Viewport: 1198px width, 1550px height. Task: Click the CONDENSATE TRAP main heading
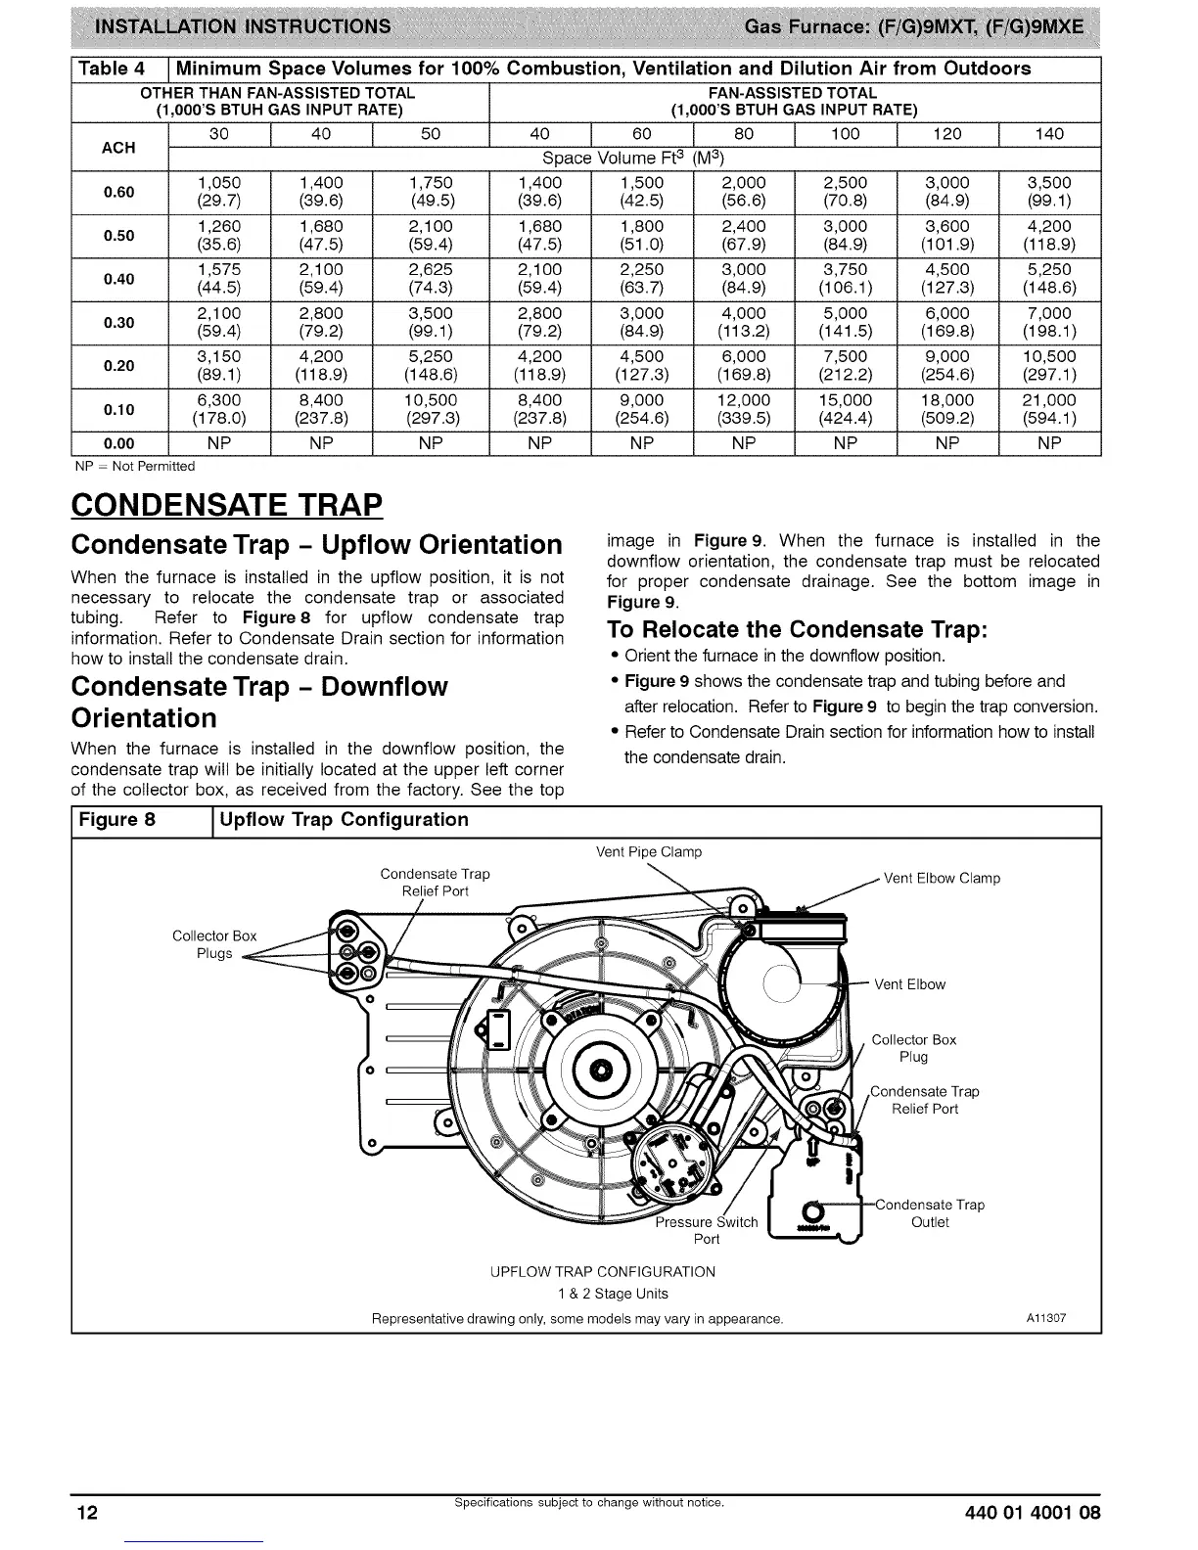pos(226,506)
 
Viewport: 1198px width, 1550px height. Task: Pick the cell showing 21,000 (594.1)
pos(1049,409)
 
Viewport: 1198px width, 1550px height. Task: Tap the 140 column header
pos(1049,134)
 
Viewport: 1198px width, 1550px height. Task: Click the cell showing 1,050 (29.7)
pos(218,192)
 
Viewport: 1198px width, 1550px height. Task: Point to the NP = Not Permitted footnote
pos(135,466)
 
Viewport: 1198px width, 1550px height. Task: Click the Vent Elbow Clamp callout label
pos(942,878)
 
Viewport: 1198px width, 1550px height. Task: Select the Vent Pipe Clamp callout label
pos(649,851)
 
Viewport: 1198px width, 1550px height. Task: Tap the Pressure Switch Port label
pos(706,1230)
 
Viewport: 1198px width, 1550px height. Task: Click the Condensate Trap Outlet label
pos(929,1213)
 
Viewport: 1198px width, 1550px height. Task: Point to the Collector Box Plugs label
pos(214,944)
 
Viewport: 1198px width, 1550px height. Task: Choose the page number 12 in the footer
pos(87,1513)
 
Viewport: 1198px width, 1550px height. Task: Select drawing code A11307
pos(1045,1318)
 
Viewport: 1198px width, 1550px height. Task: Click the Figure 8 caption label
pos(117,819)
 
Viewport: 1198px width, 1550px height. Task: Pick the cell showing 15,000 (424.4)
pos(845,409)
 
